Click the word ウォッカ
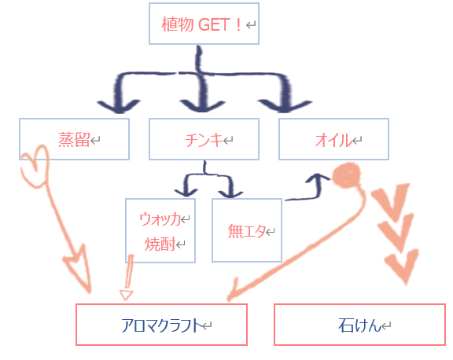coord(160,219)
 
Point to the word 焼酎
coord(160,244)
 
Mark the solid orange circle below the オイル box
coord(346,175)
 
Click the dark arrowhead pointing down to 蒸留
coord(119,106)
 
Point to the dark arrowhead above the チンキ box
coord(201,106)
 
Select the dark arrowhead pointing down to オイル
coord(285,106)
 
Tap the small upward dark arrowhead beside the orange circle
coord(318,178)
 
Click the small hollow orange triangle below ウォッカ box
coord(127,295)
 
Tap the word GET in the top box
coord(214,24)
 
